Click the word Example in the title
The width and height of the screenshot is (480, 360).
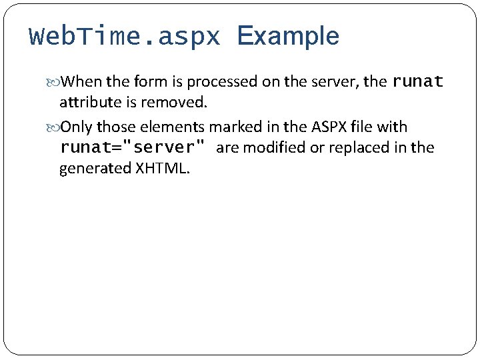coord(288,37)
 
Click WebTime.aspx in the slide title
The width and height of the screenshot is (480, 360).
coord(125,37)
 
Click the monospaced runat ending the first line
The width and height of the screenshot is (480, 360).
coord(418,82)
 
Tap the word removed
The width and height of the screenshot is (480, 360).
coord(180,103)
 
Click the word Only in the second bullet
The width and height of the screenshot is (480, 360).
coord(77,127)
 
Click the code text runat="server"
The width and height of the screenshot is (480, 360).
coord(133,147)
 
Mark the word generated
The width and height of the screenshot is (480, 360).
coord(95,168)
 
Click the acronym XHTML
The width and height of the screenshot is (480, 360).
coord(163,168)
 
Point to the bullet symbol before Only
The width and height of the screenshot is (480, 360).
coord(54,127)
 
